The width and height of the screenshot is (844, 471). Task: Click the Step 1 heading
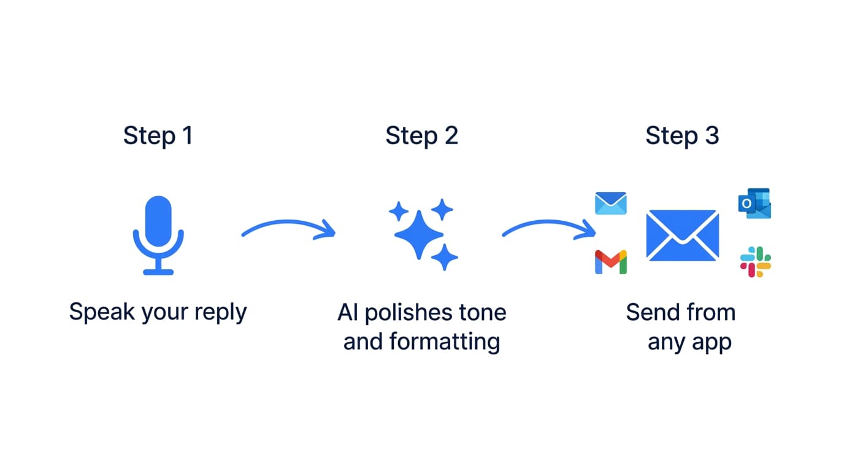point(158,136)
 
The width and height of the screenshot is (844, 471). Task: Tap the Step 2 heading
point(421,136)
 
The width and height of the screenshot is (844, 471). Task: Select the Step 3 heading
point(681,136)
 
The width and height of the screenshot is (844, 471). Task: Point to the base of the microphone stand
point(158,271)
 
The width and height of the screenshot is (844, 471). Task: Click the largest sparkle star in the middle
point(418,235)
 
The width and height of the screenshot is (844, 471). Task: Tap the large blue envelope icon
point(682,235)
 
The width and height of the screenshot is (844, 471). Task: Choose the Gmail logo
point(610,262)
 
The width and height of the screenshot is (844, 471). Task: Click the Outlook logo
point(754,204)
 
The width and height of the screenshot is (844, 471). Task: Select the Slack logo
point(755,262)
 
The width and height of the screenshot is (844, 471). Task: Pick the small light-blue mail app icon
point(610,204)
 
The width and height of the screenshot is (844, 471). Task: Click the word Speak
point(102,312)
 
